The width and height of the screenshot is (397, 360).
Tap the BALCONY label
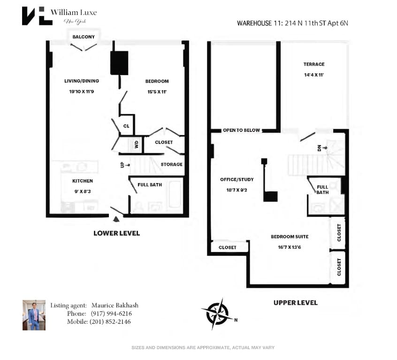[84, 37]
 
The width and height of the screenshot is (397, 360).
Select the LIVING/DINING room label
[82, 81]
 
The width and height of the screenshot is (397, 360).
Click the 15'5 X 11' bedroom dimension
[156, 92]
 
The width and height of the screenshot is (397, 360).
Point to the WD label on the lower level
[137, 145]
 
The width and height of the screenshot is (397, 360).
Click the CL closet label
[126, 126]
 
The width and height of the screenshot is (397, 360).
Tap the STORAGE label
[171, 164]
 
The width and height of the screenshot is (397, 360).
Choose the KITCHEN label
[83, 181]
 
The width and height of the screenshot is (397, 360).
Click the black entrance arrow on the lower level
[117, 218]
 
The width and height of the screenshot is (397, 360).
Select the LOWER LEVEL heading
[116, 233]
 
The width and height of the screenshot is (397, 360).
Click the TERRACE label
[314, 64]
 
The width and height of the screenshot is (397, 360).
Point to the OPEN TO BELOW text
[241, 130]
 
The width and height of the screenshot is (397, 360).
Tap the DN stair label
[320, 148]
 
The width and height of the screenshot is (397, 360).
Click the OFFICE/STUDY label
[237, 179]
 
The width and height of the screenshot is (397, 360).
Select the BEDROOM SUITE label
[290, 237]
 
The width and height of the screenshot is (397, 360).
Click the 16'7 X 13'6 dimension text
[289, 247]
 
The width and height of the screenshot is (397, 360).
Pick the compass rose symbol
[216, 313]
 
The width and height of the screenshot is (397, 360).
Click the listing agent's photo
[34, 315]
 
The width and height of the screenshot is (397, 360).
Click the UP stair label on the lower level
[122, 165]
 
